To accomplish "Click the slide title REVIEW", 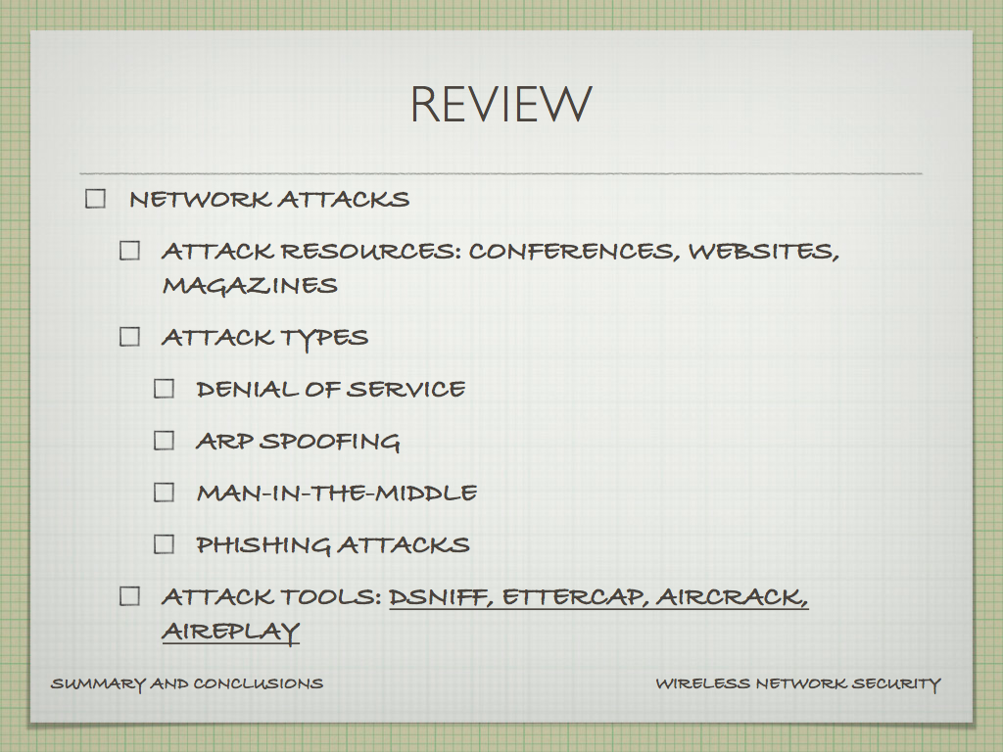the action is point(501,104).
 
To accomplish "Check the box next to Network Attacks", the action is point(95,199).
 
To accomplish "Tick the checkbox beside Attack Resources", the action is point(130,251).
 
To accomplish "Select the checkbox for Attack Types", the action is point(130,337).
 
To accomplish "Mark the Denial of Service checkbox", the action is point(165,389).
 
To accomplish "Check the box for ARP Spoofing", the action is point(165,441).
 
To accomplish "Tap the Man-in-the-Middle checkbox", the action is point(165,493).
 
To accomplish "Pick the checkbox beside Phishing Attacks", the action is point(165,544).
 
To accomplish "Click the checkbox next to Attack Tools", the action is point(130,596).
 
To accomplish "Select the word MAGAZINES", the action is point(250,285).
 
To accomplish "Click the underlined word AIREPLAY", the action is point(231,632).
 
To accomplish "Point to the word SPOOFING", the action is point(331,442).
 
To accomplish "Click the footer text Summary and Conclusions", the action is point(187,684).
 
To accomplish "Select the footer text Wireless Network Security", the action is point(798,684).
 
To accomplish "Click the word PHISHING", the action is point(263,544).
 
